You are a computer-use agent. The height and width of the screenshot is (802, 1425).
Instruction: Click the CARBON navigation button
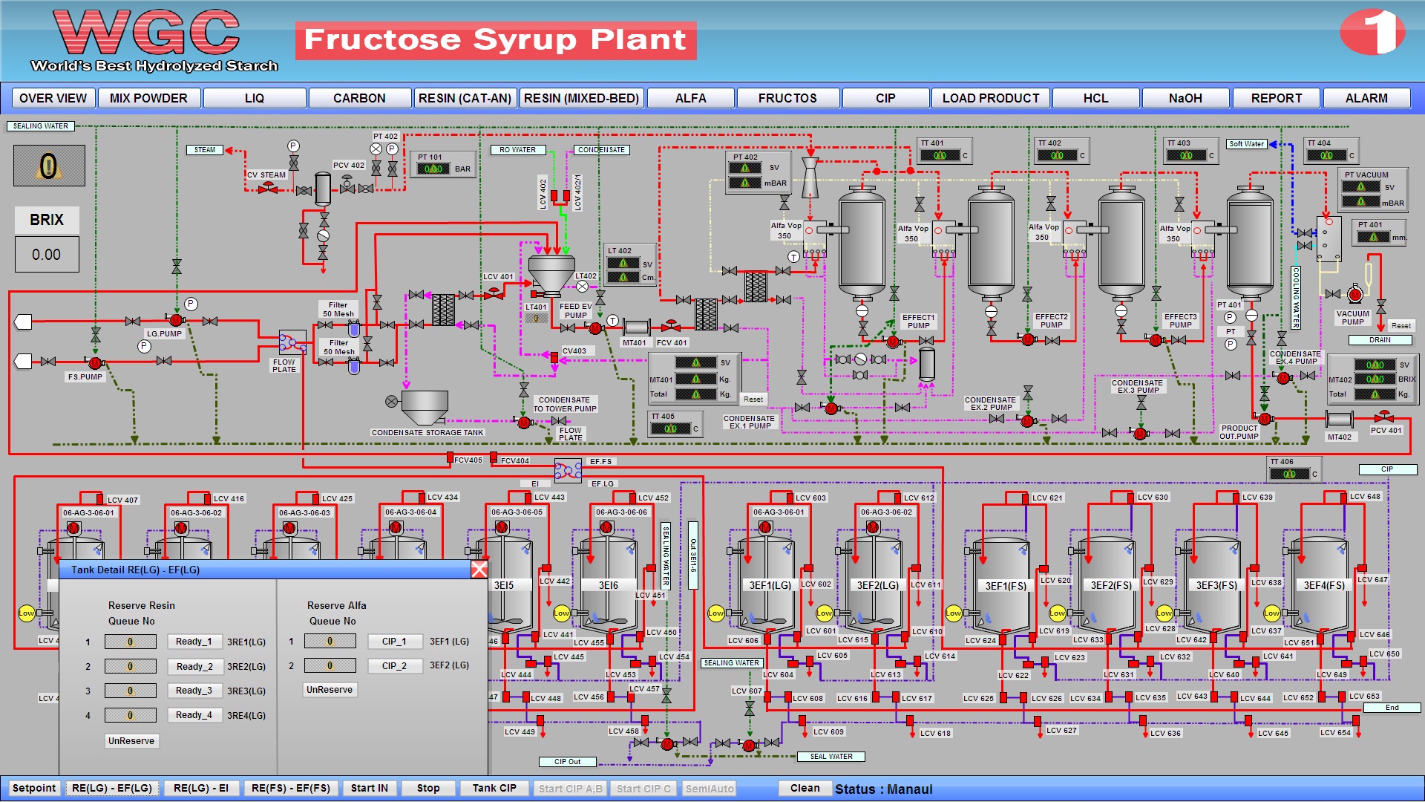[x=359, y=98]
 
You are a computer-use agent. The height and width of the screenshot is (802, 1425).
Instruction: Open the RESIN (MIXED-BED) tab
[x=581, y=98]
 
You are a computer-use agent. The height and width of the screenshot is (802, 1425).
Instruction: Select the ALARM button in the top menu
[x=1366, y=98]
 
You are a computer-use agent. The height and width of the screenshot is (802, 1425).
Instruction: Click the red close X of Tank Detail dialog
[x=479, y=570]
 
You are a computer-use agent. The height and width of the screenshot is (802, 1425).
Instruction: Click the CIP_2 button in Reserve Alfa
[x=394, y=666]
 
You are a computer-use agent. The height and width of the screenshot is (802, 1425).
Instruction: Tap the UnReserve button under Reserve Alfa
[x=330, y=690]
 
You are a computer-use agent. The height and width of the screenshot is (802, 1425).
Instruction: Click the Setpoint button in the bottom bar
[x=34, y=788]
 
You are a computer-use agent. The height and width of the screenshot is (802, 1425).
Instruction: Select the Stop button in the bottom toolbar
[x=428, y=788]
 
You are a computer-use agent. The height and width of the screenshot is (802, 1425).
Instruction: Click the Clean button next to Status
[x=805, y=788]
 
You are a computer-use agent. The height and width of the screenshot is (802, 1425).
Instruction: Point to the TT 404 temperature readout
[x=1327, y=155]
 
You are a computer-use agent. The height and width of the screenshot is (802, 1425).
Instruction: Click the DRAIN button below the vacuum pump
[x=1380, y=340]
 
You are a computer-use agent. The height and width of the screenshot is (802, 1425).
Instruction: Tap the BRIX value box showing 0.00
[x=47, y=255]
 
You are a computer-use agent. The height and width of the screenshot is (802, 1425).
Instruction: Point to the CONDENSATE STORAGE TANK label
[x=427, y=432]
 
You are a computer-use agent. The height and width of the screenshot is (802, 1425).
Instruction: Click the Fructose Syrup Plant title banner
[x=495, y=40]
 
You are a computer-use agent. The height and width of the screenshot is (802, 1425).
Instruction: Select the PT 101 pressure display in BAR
[x=433, y=169]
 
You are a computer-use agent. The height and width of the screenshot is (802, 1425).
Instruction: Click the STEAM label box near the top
[x=205, y=150]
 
